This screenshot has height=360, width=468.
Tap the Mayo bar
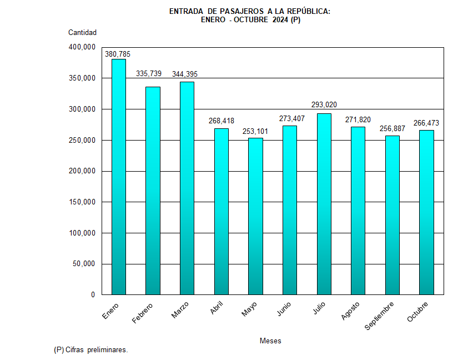pos(255,216)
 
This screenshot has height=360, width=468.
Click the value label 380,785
pos(118,54)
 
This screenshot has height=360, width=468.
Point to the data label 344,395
pos(185,74)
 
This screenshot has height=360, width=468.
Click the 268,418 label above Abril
pos(221,121)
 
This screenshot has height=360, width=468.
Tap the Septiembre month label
pos(380,316)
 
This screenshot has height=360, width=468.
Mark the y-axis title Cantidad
pos(82,32)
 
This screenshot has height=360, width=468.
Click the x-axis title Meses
pos(270,341)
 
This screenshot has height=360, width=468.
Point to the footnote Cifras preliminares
pos(97,350)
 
